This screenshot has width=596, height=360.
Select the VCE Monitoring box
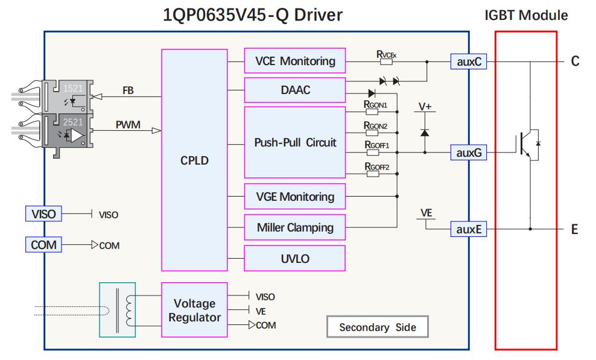click(294, 61)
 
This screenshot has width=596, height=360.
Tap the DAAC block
click(294, 90)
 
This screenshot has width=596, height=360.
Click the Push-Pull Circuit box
click(294, 143)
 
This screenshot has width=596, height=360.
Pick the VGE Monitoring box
click(294, 197)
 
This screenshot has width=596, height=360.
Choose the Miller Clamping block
click(294, 227)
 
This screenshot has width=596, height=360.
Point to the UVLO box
click(294, 257)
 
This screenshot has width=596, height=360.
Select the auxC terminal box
click(469, 61)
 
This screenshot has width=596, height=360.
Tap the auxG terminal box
click(469, 153)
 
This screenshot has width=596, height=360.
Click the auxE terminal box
click(469, 229)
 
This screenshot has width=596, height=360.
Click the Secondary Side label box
click(378, 327)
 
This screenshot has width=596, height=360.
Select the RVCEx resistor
click(386, 62)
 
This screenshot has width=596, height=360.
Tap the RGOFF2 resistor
click(373, 174)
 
